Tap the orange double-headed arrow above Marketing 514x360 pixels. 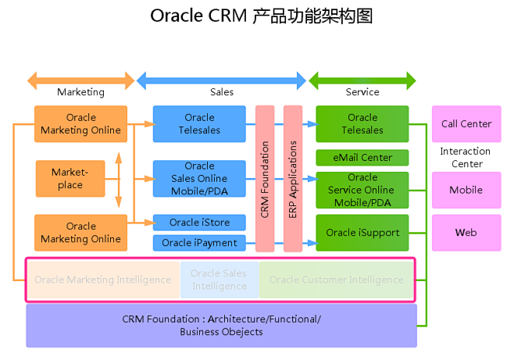81,80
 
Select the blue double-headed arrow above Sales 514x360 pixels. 222,80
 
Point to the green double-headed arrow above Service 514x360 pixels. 362,80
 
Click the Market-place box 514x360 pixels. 70,179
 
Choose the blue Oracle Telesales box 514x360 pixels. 199,124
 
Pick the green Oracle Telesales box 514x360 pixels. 362,124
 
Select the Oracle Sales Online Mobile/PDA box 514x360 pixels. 199,178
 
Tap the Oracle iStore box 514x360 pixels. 199,223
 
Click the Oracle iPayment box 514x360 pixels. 199,243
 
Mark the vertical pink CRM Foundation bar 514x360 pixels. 265,179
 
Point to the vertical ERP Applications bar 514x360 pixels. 293,179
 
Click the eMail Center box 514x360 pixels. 362,158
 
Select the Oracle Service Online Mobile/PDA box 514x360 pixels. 362,190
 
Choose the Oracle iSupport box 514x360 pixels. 362,233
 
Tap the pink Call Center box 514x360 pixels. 466,124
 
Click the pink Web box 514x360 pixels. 466,233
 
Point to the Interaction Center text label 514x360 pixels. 466,158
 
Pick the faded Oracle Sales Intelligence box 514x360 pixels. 220,280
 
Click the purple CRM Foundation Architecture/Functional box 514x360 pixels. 222,326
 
